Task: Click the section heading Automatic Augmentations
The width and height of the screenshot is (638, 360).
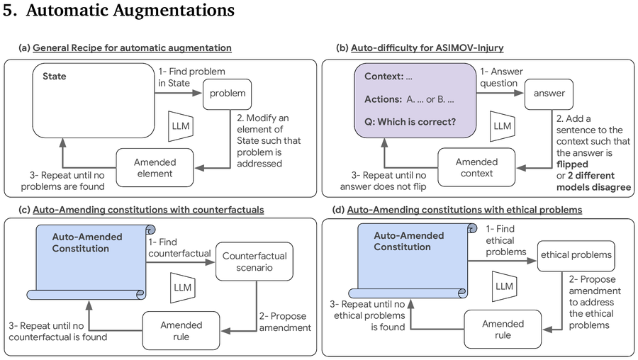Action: (130, 10)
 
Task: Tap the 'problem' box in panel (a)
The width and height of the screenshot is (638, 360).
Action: (227, 94)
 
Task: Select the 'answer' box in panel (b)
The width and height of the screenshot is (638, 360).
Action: (549, 94)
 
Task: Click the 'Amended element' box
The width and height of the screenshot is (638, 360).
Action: (155, 167)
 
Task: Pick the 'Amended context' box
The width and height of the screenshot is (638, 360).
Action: (476, 167)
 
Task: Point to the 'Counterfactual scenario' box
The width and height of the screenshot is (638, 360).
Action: (254, 261)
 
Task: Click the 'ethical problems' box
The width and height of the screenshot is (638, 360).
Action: (576, 257)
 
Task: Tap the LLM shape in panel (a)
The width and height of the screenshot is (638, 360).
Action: (181, 126)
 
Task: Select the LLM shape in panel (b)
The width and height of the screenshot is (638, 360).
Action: (503, 126)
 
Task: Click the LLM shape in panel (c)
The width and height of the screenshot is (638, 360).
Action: (183, 288)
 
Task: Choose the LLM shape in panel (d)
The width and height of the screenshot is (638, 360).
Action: (505, 286)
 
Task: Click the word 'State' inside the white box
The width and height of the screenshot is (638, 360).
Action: (54, 77)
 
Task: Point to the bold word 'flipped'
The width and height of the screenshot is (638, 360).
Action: (572, 164)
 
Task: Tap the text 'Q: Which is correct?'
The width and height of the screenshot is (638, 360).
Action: (410, 122)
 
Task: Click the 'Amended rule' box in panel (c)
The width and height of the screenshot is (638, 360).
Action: (181, 331)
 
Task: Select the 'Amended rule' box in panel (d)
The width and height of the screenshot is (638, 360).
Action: (503, 330)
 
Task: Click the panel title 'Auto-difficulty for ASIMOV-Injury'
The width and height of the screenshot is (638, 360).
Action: (427, 48)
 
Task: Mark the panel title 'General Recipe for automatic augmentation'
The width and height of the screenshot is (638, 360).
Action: (133, 48)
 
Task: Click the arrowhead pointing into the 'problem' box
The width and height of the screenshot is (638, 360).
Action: (198, 93)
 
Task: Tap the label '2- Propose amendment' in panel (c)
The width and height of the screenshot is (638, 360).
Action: (285, 322)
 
